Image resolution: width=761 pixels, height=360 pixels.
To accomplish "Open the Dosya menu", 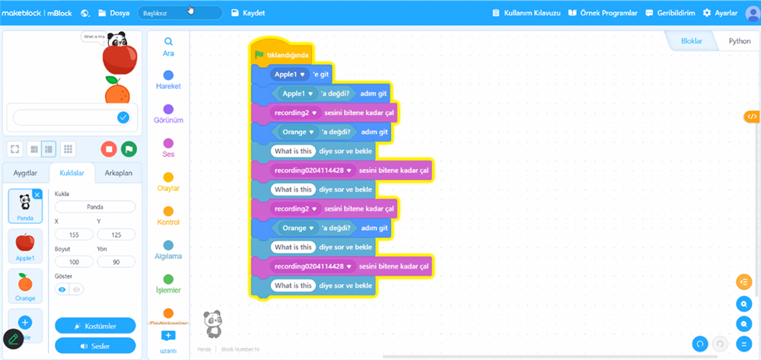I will coord(114,13).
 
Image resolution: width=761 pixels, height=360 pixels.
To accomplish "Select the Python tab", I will coord(739,41).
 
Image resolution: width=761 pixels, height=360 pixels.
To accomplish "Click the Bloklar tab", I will coord(691,41).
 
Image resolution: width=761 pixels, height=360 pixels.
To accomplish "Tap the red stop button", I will coord(109,149).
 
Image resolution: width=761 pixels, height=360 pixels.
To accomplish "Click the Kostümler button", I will coord(95,326).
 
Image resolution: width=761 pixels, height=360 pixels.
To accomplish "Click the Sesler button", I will coord(95,346).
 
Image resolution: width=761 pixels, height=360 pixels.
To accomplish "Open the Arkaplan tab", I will coord(119,174).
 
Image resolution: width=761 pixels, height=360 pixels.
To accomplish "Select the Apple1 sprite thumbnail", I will coord(25,246).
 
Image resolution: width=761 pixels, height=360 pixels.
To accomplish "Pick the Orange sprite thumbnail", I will coord(25,285).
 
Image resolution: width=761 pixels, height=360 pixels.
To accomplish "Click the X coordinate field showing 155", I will coord(74,235).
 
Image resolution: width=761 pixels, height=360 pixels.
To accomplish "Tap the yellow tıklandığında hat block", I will coord(282,55).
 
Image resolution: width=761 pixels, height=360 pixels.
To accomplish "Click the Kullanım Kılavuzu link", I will coord(526,13).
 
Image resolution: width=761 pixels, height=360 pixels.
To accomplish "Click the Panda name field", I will coord(95,206).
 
